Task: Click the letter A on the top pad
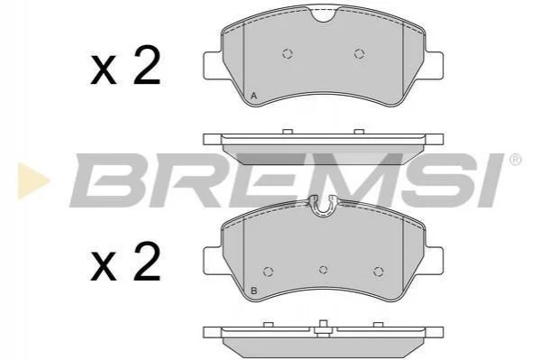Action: (x=254, y=96)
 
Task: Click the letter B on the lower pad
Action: (x=254, y=291)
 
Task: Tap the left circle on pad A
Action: (x=288, y=53)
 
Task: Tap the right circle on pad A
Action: (x=359, y=53)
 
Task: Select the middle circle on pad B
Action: (x=323, y=270)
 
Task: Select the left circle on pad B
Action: (x=269, y=272)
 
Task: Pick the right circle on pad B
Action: (x=379, y=272)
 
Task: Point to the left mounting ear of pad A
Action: (x=212, y=66)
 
